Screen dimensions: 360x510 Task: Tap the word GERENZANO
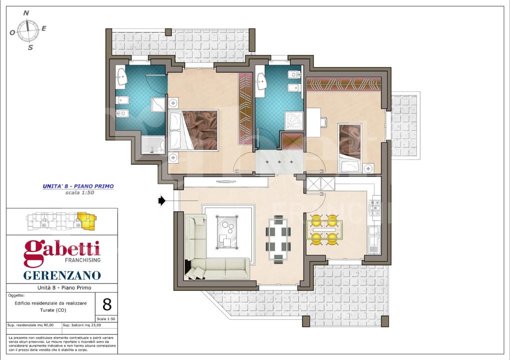(62, 275)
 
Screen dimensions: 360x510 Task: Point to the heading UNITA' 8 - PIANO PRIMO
(78, 186)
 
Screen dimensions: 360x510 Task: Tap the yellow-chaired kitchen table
(324, 229)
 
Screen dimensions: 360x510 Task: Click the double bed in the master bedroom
(194, 130)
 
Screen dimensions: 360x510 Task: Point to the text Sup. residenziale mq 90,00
(31, 325)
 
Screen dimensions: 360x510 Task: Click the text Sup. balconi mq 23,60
(82, 325)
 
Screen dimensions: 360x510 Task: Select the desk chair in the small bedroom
(323, 121)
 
